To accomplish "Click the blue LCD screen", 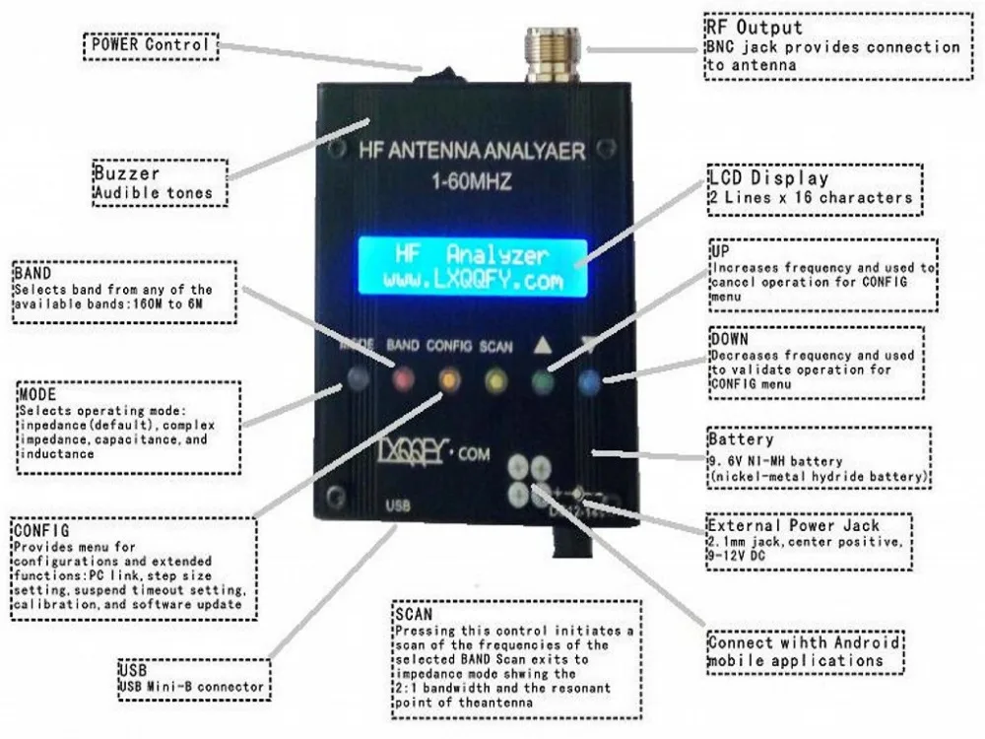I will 472,267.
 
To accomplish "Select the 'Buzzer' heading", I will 125,173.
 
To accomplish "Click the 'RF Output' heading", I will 754,27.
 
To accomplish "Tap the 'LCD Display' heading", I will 769,178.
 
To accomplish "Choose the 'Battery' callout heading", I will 741,438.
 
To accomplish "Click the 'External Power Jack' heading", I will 793,524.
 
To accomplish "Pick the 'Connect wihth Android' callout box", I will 806,651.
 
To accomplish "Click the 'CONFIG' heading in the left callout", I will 41,531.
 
